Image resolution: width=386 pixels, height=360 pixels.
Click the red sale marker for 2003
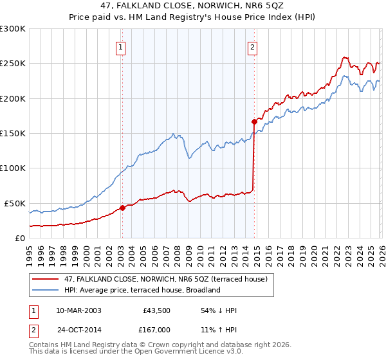tap(122, 208)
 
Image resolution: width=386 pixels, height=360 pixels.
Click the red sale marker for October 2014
tap(254, 121)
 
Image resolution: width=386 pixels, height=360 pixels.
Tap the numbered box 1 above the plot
tap(121, 46)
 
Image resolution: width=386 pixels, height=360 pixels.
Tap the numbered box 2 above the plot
tap(253, 46)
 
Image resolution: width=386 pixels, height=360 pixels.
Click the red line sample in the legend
tap(46, 279)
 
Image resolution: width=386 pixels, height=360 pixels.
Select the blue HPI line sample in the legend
tap(46, 290)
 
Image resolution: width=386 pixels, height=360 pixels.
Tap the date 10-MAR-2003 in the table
tap(79, 310)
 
